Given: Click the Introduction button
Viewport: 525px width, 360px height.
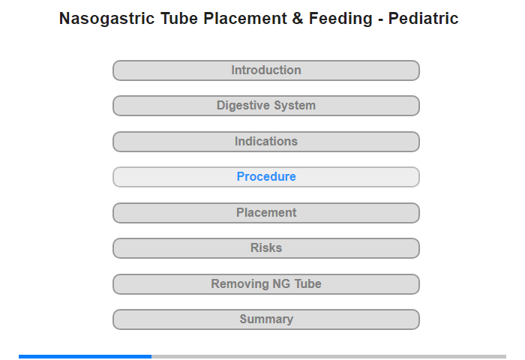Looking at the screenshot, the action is click(265, 70).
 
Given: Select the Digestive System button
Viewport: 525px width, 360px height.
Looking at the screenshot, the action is click(265, 106).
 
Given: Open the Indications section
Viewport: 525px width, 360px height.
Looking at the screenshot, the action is click(265, 142).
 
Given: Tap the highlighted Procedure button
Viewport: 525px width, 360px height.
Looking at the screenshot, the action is click(265, 177).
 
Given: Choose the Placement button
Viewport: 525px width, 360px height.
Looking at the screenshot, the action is click(265, 213).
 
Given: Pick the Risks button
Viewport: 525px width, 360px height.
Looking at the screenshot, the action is click(265, 248).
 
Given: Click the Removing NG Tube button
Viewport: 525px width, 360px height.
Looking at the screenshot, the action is click(265, 284).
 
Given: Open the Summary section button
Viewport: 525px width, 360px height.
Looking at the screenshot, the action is click(265, 319).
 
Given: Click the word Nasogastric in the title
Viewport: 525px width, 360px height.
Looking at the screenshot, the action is click(106, 19).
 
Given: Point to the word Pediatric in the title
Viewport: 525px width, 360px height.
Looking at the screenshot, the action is click(423, 19).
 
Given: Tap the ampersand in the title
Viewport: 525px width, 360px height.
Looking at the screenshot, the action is click(297, 19).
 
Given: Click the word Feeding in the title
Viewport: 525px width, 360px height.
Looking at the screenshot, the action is click(340, 19).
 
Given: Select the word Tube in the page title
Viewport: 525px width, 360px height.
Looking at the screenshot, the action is click(179, 19).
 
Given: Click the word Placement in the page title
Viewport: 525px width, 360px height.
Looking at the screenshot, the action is click(244, 19).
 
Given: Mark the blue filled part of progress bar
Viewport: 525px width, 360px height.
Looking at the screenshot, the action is click(85, 357).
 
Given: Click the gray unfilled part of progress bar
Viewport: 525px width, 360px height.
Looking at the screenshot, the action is click(328, 357).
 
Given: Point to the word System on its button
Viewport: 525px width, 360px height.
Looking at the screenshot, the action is click(295, 106).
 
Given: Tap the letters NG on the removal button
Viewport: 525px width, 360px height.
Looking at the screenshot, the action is click(281, 284).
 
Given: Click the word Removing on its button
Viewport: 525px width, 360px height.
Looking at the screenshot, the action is click(240, 284).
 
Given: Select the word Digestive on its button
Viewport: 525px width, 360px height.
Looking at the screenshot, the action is click(244, 106).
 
